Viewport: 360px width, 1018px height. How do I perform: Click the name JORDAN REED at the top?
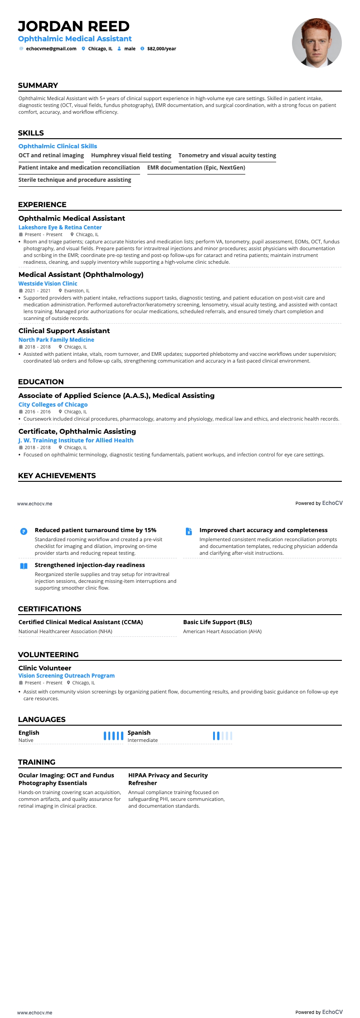pos(73,26)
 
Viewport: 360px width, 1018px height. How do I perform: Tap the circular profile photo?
pos(316,43)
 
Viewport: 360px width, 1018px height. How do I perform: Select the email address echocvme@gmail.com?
pos(51,48)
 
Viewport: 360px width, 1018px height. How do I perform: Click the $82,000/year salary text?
pos(161,48)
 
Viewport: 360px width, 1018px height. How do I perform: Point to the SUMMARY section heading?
pos(38,86)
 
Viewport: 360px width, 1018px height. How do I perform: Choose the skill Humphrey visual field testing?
pos(131,155)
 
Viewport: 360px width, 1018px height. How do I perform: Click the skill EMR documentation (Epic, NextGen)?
pos(196,168)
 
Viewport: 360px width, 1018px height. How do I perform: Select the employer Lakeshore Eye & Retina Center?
pos(60,228)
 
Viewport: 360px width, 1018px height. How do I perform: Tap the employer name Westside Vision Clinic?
pos(48,284)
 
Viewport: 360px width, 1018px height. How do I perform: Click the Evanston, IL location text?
pos(77,291)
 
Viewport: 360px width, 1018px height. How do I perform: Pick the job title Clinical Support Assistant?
pos(64,331)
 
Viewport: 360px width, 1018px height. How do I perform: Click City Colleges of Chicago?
pos(53,405)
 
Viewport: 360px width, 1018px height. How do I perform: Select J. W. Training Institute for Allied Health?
pos(76,441)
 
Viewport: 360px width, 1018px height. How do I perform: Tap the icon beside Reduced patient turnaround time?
pos(24,531)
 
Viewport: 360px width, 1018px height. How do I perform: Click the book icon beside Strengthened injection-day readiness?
pos(24,566)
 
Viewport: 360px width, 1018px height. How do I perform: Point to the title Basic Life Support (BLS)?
pos(217,622)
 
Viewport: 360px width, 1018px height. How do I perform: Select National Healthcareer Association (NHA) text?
pos(65,631)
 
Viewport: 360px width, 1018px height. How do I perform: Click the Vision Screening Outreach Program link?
pos(66,676)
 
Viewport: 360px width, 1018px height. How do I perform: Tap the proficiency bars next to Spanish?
pos(222,736)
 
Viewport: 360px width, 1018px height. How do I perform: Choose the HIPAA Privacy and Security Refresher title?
pos(168,779)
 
